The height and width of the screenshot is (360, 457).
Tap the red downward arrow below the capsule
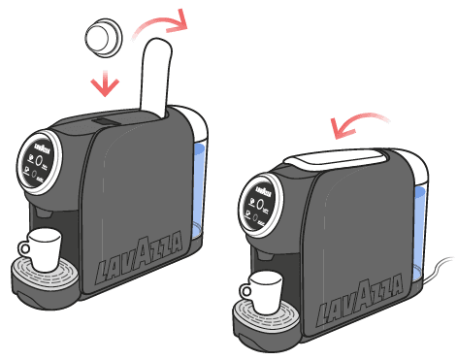click(104, 83)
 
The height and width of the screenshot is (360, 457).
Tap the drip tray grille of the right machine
click(264, 312)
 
